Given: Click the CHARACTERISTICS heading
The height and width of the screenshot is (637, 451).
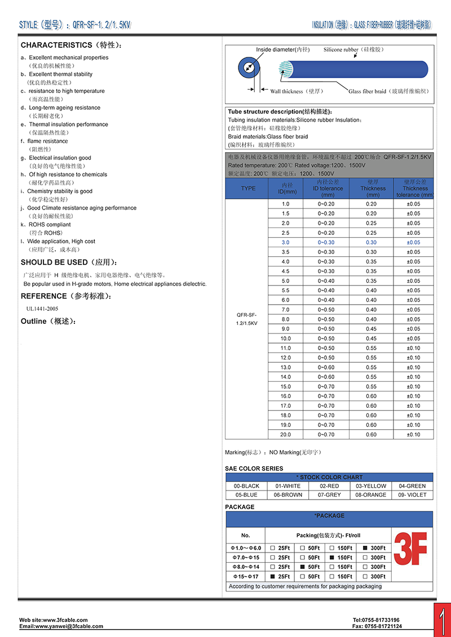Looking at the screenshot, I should pyautogui.click(x=56, y=45).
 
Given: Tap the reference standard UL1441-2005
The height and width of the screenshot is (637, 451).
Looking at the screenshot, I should pyautogui.click(x=42, y=309).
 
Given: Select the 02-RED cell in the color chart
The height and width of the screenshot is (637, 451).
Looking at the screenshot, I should pyautogui.click(x=329, y=486).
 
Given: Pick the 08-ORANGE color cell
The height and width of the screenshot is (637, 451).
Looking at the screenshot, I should pyautogui.click(x=372, y=495).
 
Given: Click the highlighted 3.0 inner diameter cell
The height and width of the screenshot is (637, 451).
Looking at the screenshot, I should pyautogui.click(x=285, y=243).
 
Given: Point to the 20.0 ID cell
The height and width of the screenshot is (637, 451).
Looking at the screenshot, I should pyautogui.click(x=285, y=435).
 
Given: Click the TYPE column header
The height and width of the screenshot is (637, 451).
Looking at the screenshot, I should pyautogui.click(x=248, y=189).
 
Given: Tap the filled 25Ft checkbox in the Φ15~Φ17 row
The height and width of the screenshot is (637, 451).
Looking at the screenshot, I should pyautogui.click(x=274, y=577).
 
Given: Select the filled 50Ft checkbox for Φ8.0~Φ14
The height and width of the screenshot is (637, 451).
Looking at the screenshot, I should pyautogui.click(x=303, y=567).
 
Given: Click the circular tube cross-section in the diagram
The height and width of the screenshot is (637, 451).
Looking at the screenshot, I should pyautogui.click(x=248, y=69).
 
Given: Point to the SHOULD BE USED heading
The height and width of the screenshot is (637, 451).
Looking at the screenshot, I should pyautogui.click(x=54, y=262).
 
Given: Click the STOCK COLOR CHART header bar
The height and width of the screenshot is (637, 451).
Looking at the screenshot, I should pyautogui.click(x=329, y=477).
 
